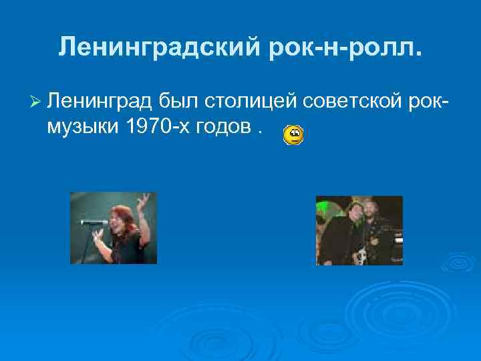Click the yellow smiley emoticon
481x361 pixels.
pos(293,136)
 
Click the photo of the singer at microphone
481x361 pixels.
pos(114,228)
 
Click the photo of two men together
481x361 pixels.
pos(359,231)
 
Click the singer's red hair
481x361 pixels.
pos(122,214)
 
